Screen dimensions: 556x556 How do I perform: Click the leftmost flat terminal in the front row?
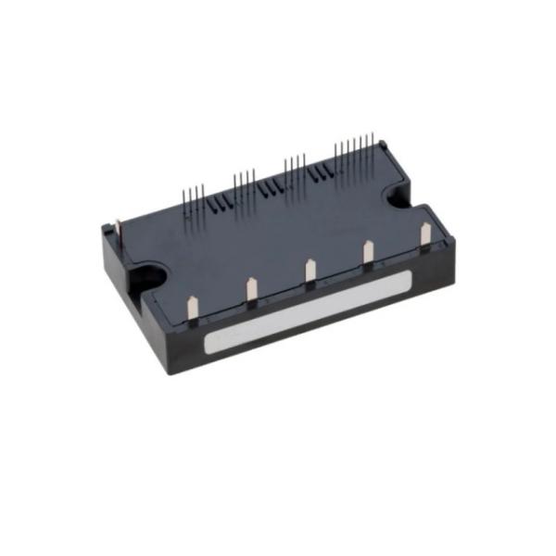(x=192, y=307)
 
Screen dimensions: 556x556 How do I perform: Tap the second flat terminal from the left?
(x=250, y=289)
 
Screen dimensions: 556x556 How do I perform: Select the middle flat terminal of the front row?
(x=310, y=270)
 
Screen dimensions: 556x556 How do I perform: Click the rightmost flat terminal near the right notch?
(x=425, y=234)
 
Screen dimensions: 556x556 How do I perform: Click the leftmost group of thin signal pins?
(x=193, y=197)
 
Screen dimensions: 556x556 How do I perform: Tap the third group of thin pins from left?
(x=295, y=167)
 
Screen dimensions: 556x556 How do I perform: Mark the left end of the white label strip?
(x=209, y=346)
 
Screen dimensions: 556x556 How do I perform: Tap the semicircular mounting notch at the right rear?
(x=402, y=196)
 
